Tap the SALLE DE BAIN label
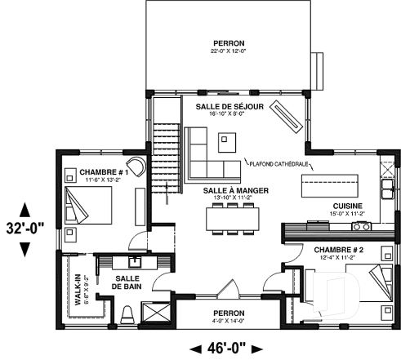[130, 282]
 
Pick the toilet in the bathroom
[127, 313]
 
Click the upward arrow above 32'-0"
[24, 208]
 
